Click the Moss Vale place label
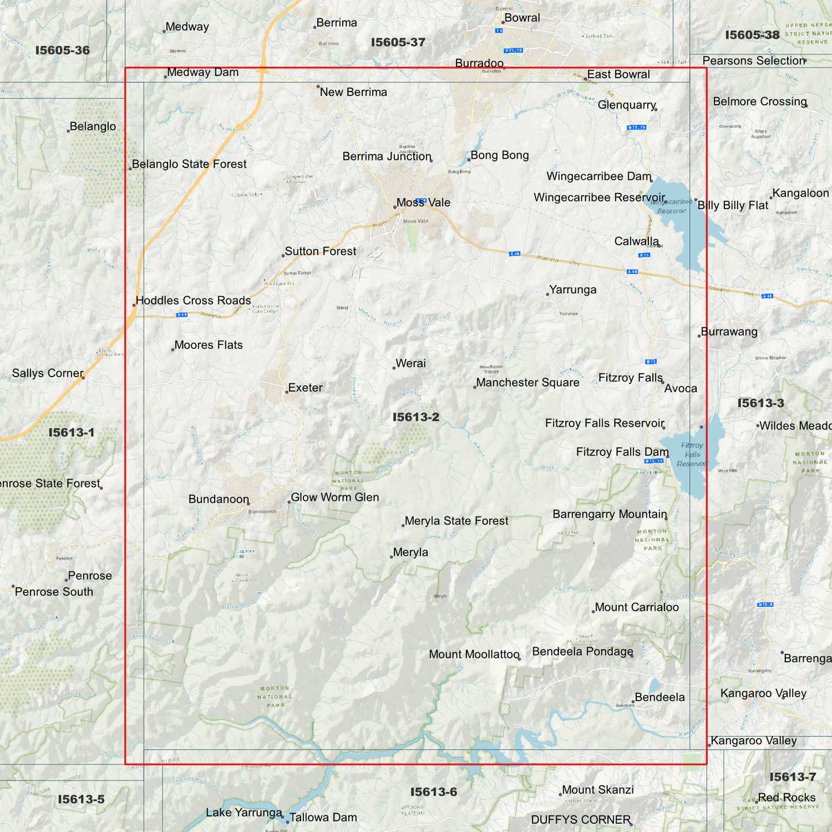[x=423, y=203]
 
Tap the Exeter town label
[x=305, y=387]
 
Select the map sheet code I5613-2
[x=416, y=417]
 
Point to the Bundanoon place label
[x=219, y=499]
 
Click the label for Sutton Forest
[x=320, y=251]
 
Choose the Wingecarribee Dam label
[x=599, y=177]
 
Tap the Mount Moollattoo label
[x=474, y=654]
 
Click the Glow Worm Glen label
[x=335, y=497]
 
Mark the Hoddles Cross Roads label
[x=193, y=301]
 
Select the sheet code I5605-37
[x=398, y=42]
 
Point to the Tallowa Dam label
[x=323, y=817]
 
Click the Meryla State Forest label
[x=456, y=521]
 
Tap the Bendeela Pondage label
[x=582, y=651]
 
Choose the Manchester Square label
[x=527, y=382]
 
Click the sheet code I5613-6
[x=434, y=792]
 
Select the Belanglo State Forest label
[x=189, y=164]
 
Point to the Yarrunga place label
[x=572, y=290]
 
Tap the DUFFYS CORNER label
[x=580, y=819]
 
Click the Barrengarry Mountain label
[x=610, y=514]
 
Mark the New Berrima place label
[x=353, y=92]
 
